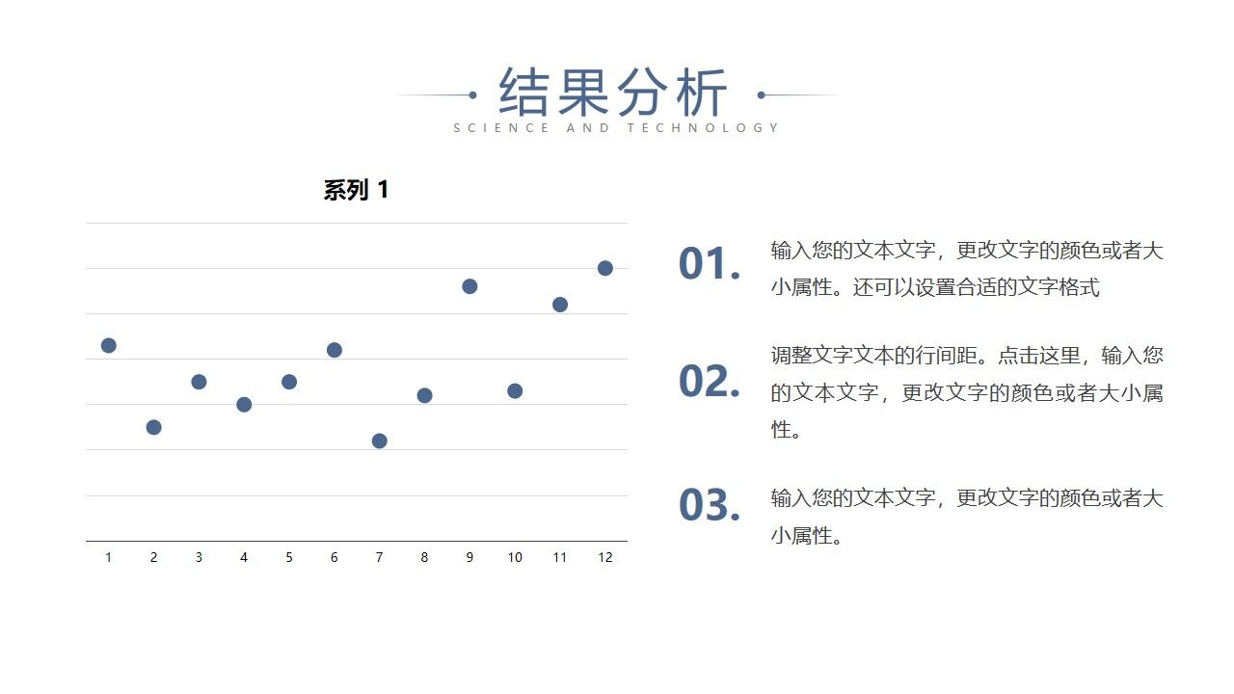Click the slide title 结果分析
click(613, 93)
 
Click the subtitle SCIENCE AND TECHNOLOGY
click(616, 127)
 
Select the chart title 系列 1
click(356, 190)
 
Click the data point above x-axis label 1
click(108, 345)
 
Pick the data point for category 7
click(379, 440)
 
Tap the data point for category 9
click(469, 286)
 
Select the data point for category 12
click(605, 268)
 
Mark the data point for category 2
click(153, 427)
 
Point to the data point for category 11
click(560, 305)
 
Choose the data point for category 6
click(335, 350)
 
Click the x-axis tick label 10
click(515, 557)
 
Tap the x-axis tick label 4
click(244, 557)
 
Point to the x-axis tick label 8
click(424, 557)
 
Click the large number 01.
click(709, 264)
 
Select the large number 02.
click(709, 382)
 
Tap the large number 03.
click(709, 505)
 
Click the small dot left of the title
click(472, 94)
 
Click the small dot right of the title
click(762, 94)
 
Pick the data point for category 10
click(515, 390)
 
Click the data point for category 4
click(244, 405)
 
